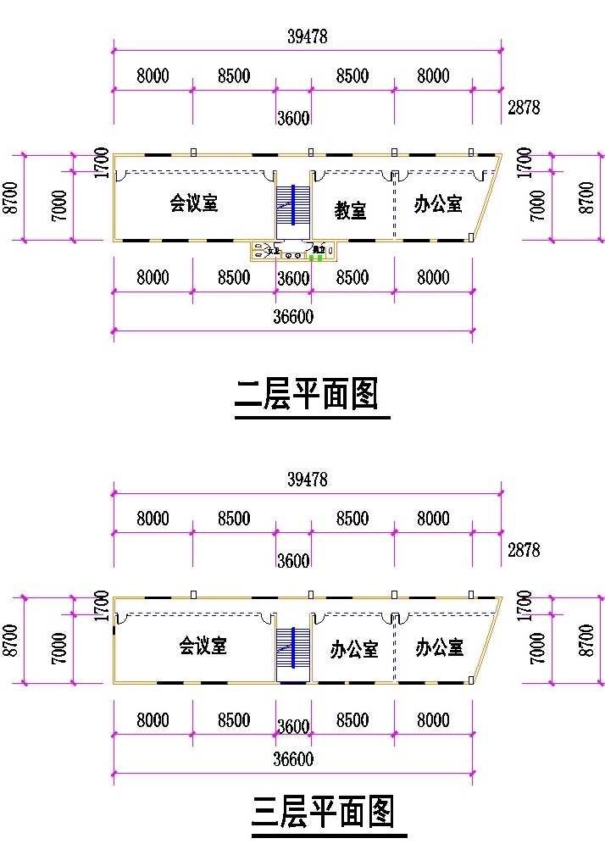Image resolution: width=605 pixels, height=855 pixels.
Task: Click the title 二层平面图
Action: coord(306,395)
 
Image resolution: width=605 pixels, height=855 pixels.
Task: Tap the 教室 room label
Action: coord(350,209)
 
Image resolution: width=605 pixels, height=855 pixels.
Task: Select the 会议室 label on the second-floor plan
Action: coord(194,203)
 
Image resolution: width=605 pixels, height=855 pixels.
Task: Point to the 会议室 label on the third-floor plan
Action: coord(203,646)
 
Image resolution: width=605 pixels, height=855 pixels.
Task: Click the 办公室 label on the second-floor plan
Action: coord(438,204)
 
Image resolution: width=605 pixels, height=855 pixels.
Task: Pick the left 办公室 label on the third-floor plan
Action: coord(354,650)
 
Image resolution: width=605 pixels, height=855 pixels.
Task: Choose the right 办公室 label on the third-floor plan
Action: coord(439,648)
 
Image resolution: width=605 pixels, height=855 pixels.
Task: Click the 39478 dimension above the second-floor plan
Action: coord(307,36)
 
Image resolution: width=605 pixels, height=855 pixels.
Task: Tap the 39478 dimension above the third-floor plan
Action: coord(307,479)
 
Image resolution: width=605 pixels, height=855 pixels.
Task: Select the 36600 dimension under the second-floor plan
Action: coord(293,317)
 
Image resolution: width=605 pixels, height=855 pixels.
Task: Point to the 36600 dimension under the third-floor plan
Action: coord(293,759)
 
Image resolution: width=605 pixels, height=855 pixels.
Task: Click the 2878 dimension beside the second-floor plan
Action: coord(523,108)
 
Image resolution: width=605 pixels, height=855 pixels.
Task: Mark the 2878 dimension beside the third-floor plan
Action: coord(523,550)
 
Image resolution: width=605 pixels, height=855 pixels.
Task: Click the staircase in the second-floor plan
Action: coord(293,205)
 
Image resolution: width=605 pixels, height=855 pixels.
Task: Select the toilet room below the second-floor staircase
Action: coord(294,251)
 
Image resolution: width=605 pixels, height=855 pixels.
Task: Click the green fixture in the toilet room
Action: coord(315,257)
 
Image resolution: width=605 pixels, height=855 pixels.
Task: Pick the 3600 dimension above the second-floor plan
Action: coord(293,118)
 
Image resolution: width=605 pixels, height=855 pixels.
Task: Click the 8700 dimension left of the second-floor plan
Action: coord(11,197)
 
